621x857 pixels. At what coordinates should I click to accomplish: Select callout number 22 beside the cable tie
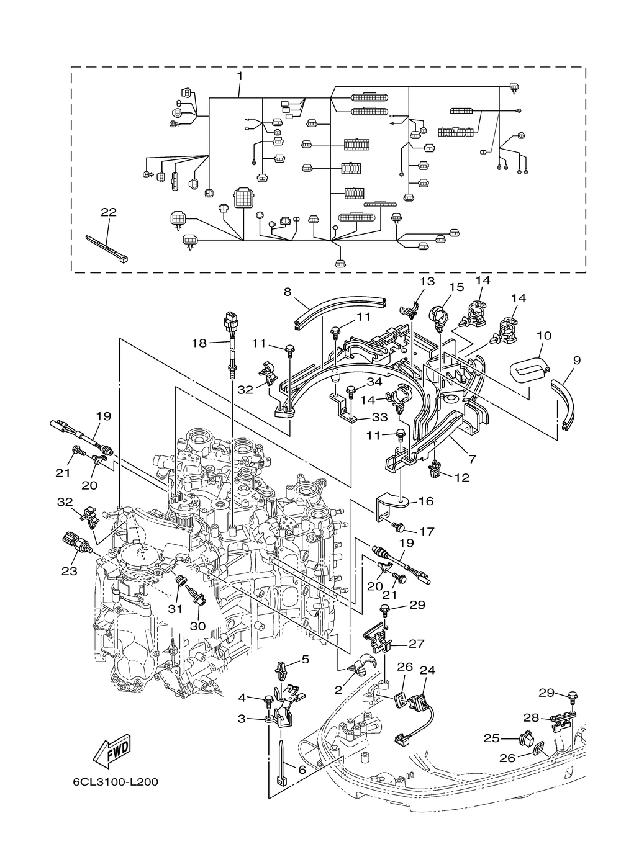[x=109, y=212]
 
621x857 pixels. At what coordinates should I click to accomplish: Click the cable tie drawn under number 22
[x=107, y=249]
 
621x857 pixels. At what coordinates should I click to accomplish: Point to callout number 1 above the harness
[x=240, y=76]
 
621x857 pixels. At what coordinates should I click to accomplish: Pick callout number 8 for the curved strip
[x=288, y=292]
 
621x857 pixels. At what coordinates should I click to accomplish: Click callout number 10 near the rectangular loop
[x=544, y=336]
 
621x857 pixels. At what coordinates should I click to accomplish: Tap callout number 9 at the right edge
[x=577, y=360]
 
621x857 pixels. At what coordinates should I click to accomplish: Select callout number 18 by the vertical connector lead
[x=199, y=343]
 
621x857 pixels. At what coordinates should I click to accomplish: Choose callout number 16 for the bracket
[x=426, y=501]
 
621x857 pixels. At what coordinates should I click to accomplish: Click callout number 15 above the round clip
[x=457, y=287]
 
